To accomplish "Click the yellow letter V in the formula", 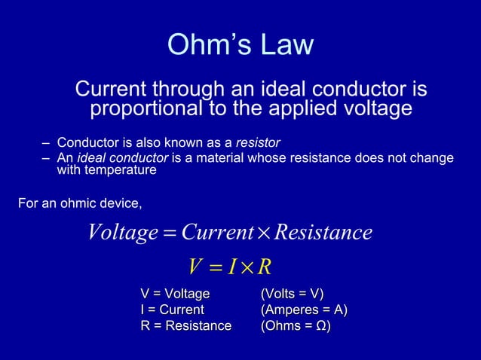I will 195,266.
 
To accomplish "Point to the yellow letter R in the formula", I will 264,266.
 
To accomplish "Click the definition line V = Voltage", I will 175,294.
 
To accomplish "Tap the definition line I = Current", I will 172,310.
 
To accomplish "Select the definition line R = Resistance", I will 186,326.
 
